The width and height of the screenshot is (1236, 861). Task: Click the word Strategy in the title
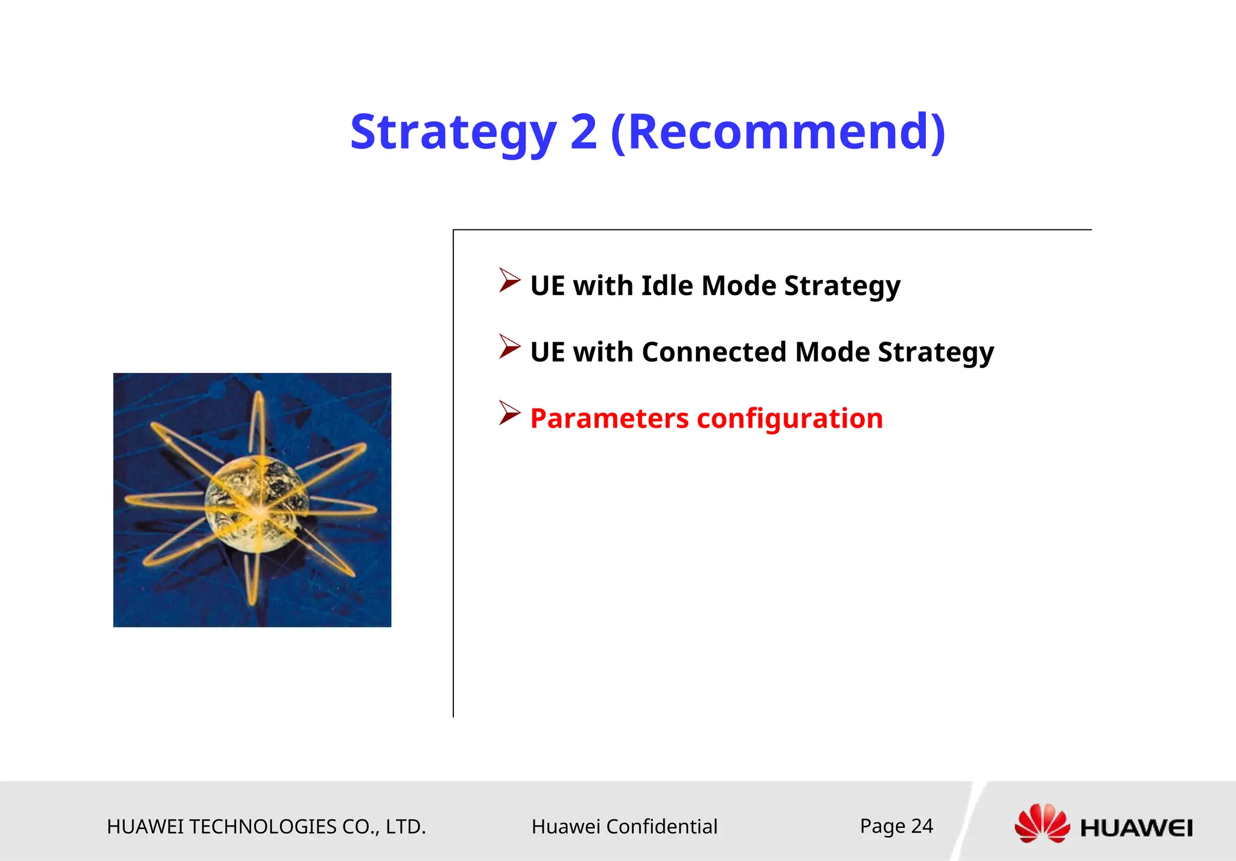[453, 133]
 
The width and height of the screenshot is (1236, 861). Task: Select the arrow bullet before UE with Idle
[509, 281]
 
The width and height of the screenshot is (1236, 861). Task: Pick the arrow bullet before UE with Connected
[509, 347]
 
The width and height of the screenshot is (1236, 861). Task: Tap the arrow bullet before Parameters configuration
[509, 413]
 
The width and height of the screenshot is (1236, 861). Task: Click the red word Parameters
[609, 418]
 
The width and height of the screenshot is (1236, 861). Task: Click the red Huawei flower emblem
[1042, 824]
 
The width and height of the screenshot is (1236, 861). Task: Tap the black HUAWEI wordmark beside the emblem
[1136, 828]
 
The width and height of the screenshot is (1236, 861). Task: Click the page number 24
[922, 825]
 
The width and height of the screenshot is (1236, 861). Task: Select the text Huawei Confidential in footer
[624, 827]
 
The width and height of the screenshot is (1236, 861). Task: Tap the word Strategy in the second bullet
[935, 353]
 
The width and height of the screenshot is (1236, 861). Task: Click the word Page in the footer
[882, 826]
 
